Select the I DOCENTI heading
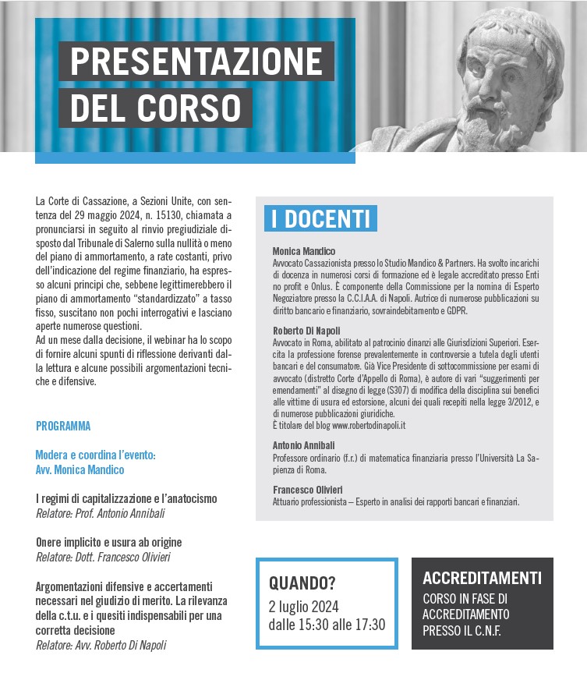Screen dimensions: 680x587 [x=320, y=219]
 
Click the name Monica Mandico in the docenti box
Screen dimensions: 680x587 [x=304, y=252]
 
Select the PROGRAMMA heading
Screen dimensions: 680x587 [x=63, y=427]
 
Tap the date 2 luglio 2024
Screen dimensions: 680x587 [x=304, y=606]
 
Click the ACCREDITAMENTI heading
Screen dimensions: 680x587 [x=482, y=579]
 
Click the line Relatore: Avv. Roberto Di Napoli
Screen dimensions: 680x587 [x=101, y=645]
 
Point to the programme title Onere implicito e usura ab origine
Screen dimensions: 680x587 [x=109, y=542]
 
